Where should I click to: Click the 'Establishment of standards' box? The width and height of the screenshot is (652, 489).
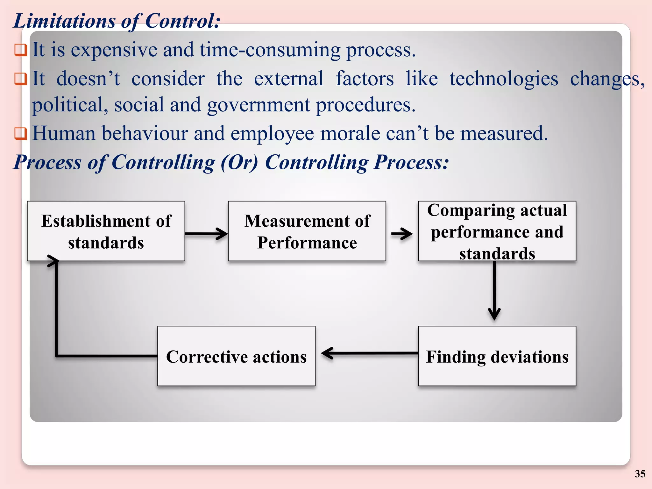[106, 231]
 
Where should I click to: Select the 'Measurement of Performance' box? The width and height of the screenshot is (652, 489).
[307, 231]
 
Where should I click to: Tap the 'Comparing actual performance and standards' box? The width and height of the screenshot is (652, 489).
[497, 231]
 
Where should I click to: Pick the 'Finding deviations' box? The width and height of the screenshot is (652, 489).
[497, 356]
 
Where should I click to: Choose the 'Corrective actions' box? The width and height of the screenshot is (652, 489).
[236, 356]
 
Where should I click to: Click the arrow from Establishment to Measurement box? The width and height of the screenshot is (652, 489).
[206, 234]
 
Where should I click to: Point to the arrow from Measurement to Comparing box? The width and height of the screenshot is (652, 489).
[402, 234]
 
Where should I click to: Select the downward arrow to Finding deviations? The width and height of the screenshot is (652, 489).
[494, 290]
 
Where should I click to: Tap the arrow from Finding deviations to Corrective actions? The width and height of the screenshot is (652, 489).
[369, 353]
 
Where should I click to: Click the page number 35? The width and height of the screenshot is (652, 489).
[640, 474]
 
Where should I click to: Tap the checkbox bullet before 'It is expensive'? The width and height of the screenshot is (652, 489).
[20, 50]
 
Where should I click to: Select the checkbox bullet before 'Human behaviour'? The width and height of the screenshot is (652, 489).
[20, 133]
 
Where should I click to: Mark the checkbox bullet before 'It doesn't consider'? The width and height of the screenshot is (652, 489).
[20, 79]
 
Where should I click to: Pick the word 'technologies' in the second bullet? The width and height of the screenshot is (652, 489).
[504, 79]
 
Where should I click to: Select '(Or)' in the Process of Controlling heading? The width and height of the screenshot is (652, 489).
[239, 162]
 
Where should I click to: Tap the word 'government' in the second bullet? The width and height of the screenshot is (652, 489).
[258, 105]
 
